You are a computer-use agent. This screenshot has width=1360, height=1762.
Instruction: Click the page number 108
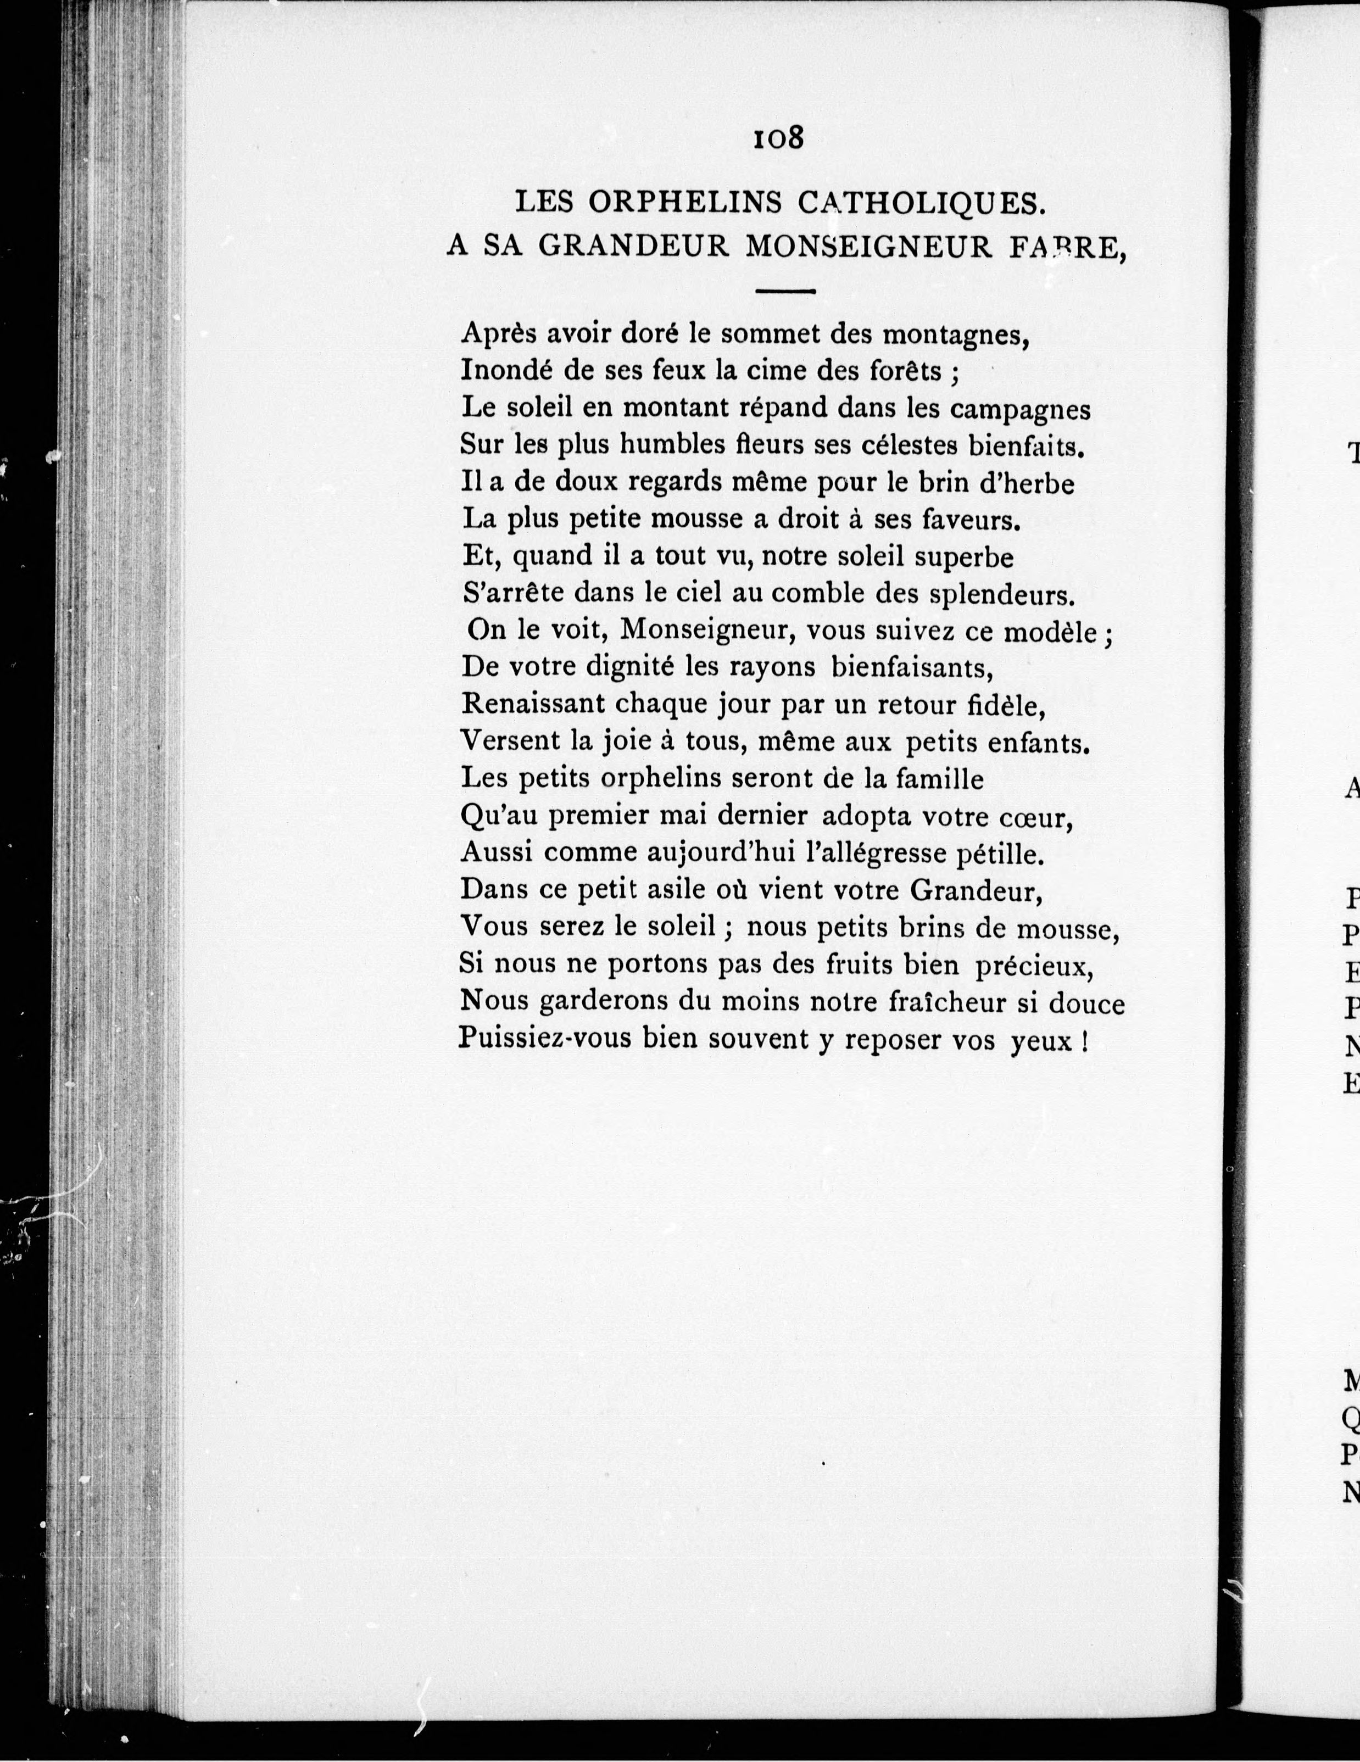point(778,138)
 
